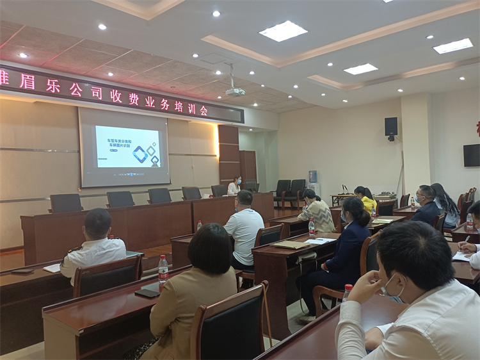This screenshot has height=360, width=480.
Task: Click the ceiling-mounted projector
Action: coord(235,92)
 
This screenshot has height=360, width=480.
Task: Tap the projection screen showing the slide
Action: coord(125,147)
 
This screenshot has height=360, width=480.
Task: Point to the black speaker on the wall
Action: coord(391,127)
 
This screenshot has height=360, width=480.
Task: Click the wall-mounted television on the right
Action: coord(472,155)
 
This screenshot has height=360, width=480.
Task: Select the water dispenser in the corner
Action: coord(313,182)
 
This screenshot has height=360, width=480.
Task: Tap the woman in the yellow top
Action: coord(366,199)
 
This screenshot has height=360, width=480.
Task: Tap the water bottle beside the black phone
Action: coord(163,270)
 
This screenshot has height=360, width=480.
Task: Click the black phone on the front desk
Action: coord(148,292)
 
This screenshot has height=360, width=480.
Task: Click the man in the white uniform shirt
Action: coord(94,247)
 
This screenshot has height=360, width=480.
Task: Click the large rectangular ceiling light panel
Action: coord(283,31)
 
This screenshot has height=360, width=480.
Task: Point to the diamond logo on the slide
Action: coord(140,154)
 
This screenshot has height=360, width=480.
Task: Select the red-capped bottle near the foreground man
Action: coord(347,292)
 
